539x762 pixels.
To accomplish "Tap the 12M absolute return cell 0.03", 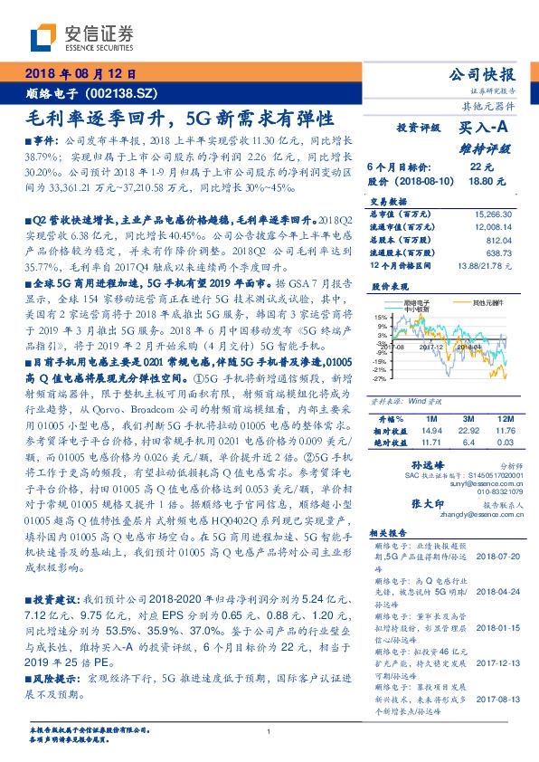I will [x=504, y=443].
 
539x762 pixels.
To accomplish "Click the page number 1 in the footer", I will [x=269, y=731].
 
